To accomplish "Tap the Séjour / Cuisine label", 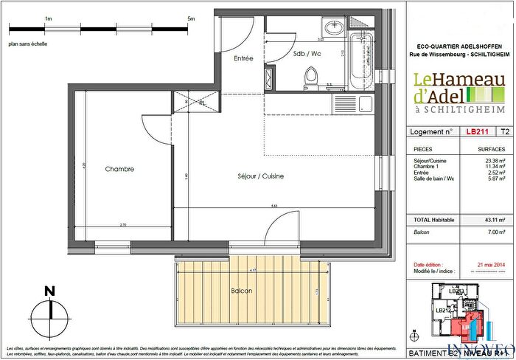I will pos(240,177).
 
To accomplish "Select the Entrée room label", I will pos(243,58).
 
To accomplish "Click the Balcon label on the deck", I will pos(240,291).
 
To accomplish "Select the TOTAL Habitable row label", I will pos(434,221).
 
